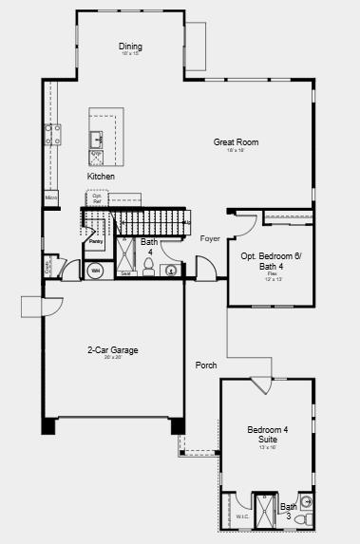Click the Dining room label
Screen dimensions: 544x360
click(130, 47)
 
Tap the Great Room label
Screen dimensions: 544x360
click(236, 142)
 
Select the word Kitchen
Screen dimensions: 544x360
click(102, 177)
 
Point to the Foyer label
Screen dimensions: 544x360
click(210, 238)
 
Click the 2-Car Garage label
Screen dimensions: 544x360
click(113, 350)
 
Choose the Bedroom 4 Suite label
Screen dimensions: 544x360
click(268, 434)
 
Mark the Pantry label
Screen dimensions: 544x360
click(96, 241)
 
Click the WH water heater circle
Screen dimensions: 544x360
click(95, 272)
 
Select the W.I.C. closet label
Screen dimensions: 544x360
click(241, 517)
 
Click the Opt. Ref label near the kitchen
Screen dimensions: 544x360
click(97, 198)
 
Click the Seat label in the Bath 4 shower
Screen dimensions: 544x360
click(125, 273)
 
